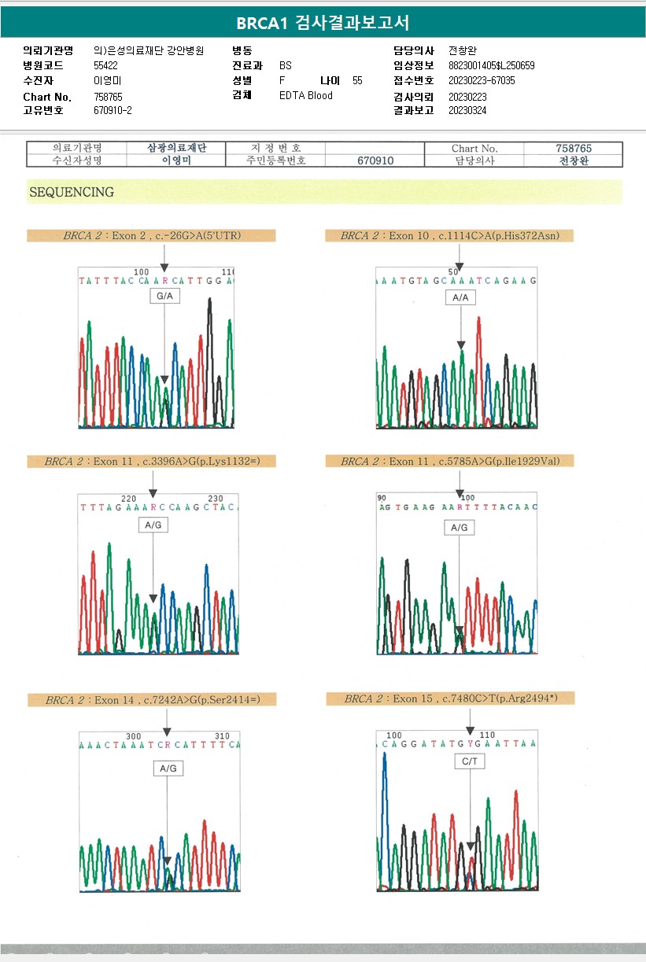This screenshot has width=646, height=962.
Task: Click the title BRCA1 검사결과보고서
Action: (323, 22)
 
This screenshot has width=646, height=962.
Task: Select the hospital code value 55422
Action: (105, 65)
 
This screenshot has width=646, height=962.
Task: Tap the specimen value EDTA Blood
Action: (306, 96)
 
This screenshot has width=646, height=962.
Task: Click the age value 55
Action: (358, 80)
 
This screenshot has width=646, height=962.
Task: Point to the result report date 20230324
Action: (467, 111)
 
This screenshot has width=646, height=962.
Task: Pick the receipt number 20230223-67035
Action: (482, 80)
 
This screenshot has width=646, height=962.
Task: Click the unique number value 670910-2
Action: (113, 111)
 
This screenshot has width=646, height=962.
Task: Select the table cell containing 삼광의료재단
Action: (176, 148)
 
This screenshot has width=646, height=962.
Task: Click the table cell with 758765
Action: (574, 148)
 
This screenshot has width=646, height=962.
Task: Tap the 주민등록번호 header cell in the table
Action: (275, 160)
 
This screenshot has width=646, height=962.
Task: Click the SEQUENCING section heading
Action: (72, 192)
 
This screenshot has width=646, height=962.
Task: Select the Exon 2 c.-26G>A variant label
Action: (151, 235)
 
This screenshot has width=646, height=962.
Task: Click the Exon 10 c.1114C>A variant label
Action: (449, 235)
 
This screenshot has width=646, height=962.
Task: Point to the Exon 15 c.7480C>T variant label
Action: (450, 698)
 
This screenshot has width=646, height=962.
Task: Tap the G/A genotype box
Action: (164, 297)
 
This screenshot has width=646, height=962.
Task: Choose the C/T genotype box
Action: (470, 761)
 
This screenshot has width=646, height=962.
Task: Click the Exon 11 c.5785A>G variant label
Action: (449, 461)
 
